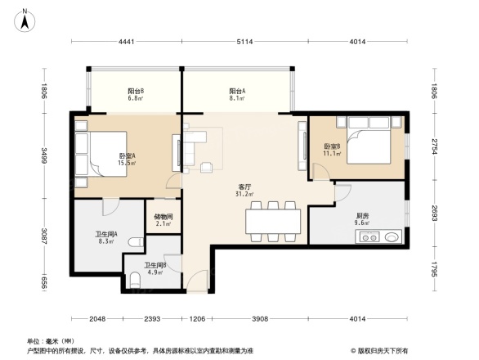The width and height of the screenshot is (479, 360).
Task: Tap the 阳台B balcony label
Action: pos(136,91)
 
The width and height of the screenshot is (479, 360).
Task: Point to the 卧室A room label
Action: pos(128,155)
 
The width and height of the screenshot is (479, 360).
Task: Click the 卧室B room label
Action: pos(331,147)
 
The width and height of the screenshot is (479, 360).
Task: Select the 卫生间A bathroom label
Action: pos(106,234)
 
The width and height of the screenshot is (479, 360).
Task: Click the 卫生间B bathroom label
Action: pos(155,265)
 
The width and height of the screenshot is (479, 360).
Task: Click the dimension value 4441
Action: pos(126,41)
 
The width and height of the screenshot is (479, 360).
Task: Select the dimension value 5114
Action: pos(243,41)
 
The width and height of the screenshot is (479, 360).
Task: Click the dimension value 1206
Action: pos(197,318)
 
